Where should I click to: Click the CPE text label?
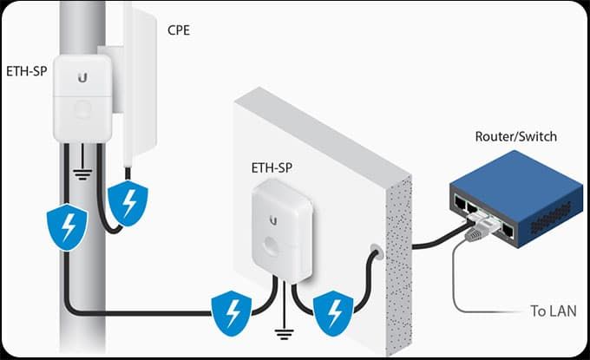179,30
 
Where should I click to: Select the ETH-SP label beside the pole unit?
27,71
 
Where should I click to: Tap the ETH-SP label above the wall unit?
272,167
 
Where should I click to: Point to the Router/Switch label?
516,136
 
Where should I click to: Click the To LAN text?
554,311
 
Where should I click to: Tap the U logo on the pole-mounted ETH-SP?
82,77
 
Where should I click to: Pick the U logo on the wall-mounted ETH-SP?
273,220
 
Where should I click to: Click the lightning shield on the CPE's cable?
128,203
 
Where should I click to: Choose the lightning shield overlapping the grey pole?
67,226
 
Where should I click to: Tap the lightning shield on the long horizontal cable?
232,313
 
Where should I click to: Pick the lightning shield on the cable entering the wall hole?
333,313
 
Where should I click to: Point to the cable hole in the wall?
376,250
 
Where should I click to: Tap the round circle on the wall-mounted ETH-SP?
272,244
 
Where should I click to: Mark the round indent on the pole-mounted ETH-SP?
82,109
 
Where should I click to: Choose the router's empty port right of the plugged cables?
508,231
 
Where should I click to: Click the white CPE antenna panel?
139,82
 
